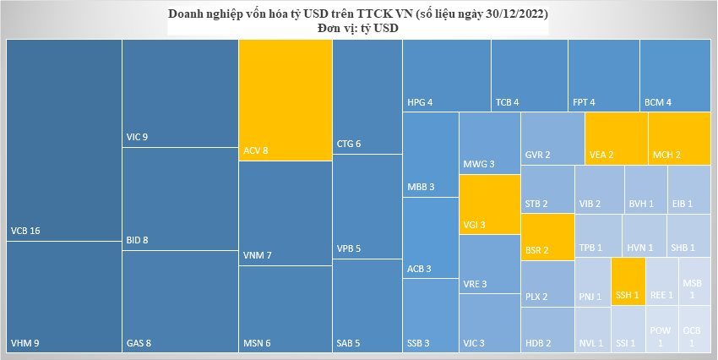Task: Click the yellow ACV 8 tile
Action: point(285,100)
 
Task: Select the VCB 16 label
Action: point(25,231)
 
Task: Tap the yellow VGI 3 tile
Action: point(489,204)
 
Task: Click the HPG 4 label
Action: point(420,103)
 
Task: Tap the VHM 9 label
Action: point(25,343)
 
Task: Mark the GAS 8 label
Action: point(139,343)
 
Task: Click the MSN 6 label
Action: point(256,343)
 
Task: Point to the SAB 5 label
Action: point(349,343)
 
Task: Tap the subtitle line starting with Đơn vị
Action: point(355,28)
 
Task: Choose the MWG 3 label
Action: point(479,164)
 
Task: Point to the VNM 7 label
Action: point(257,255)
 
